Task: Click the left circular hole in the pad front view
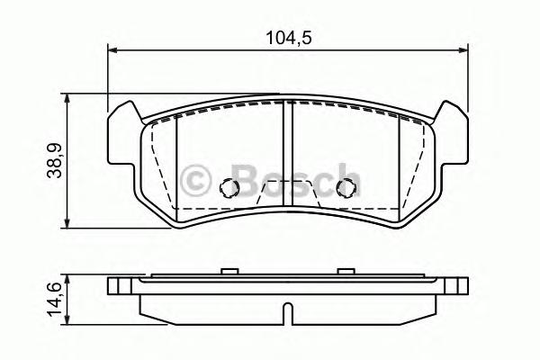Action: tap(229, 188)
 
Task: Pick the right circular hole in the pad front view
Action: tap(344, 188)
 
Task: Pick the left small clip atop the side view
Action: tap(229, 270)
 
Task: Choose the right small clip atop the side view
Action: tap(344, 270)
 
